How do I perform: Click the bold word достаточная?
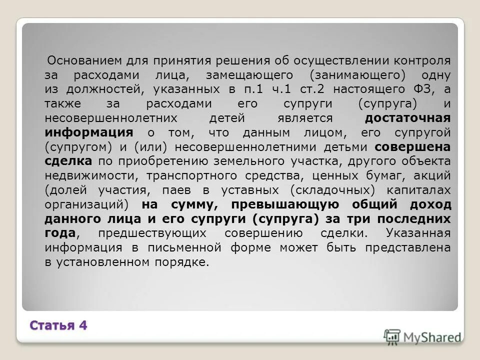point(407,118)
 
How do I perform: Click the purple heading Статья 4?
point(58,325)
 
